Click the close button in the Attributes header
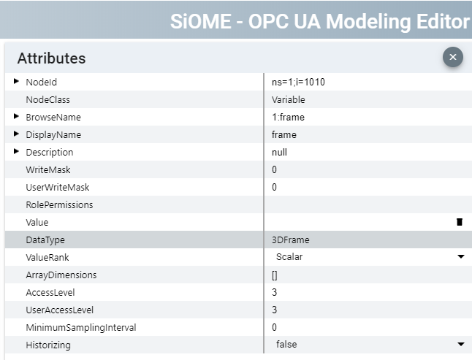(452, 57)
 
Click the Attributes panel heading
(51, 58)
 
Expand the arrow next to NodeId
(17, 81)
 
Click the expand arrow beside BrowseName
(17, 116)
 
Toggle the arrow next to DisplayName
(17, 134)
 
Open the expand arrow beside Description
(17, 151)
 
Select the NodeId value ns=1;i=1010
(298, 82)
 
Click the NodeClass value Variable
(288, 99)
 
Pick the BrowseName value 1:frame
(288, 117)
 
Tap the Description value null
(279, 152)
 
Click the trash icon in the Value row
(459, 222)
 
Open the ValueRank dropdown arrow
(460, 257)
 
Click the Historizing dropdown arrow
(460, 344)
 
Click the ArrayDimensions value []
(275, 275)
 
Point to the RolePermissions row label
(59, 204)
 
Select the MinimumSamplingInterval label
(80, 327)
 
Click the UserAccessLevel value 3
(275, 310)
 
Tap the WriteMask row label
(47, 169)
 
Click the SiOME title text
(319, 20)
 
